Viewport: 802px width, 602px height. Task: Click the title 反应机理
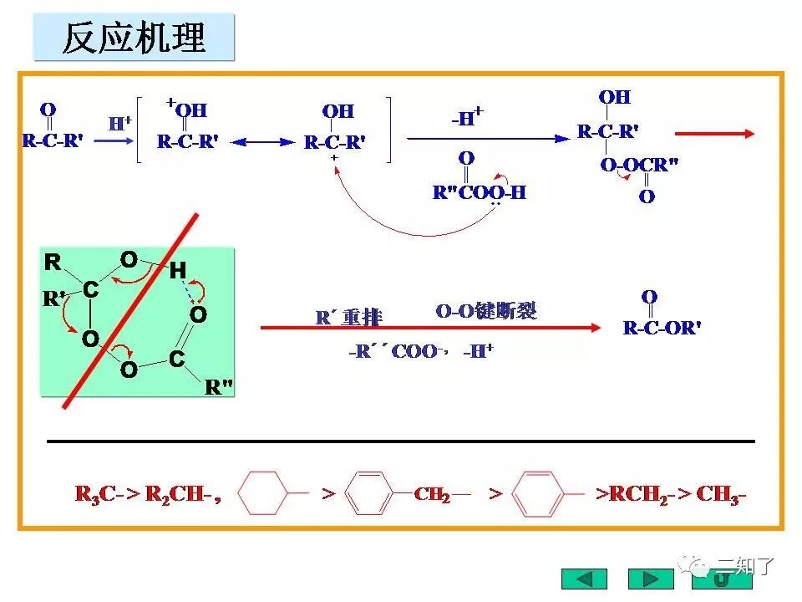pyautogui.click(x=134, y=38)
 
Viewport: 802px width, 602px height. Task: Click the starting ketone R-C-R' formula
pyautogui.click(x=52, y=140)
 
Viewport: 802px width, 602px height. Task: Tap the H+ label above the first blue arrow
pyautogui.click(x=120, y=123)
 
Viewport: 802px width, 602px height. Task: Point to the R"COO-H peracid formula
pyautogui.click(x=480, y=192)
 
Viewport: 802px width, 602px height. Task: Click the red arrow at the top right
pyautogui.click(x=714, y=133)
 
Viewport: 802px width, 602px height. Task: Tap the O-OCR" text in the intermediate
pyautogui.click(x=639, y=165)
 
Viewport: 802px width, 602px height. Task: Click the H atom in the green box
pyautogui.click(x=177, y=270)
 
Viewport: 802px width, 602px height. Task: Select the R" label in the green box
pyautogui.click(x=219, y=387)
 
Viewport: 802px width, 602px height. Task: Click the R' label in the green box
pyautogui.click(x=54, y=298)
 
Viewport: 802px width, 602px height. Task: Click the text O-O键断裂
pyautogui.click(x=486, y=312)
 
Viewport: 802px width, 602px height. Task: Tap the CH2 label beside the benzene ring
pyautogui.click(x=432, y=494)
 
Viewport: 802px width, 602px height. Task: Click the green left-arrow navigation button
pyautogui.click(x=584, y=579)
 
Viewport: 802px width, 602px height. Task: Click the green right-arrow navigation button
pyautogui.click(x=651, y=579)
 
